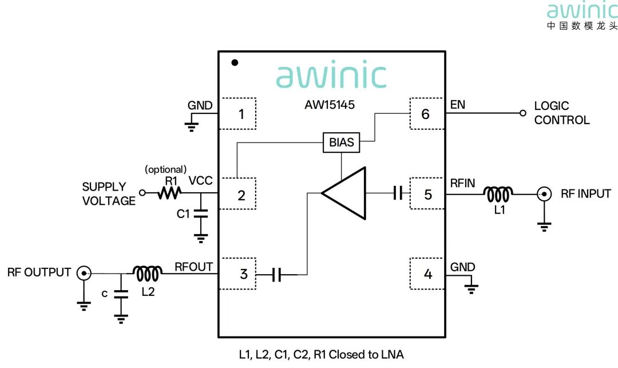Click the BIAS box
(x=341, y=143)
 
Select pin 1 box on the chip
(x=237, y=113)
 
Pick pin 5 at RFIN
(x=427, y=193)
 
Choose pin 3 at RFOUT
(x=237, y=274)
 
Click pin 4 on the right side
(x=427, y=274)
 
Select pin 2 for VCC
(x=237, y=193)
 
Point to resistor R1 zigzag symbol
(x=169, y=193)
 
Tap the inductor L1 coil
(x=498, y=194)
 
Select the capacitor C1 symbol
(x=201, y=213)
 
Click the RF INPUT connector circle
(x=544, y=194)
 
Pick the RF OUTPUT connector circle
(x=84, y=273)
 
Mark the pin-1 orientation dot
(x=235, y=62)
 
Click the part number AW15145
(x=330, y=105)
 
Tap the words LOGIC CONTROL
(x=562, y=113)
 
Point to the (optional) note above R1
(x=165, y=169)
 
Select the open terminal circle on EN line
(x=522, y=113)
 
